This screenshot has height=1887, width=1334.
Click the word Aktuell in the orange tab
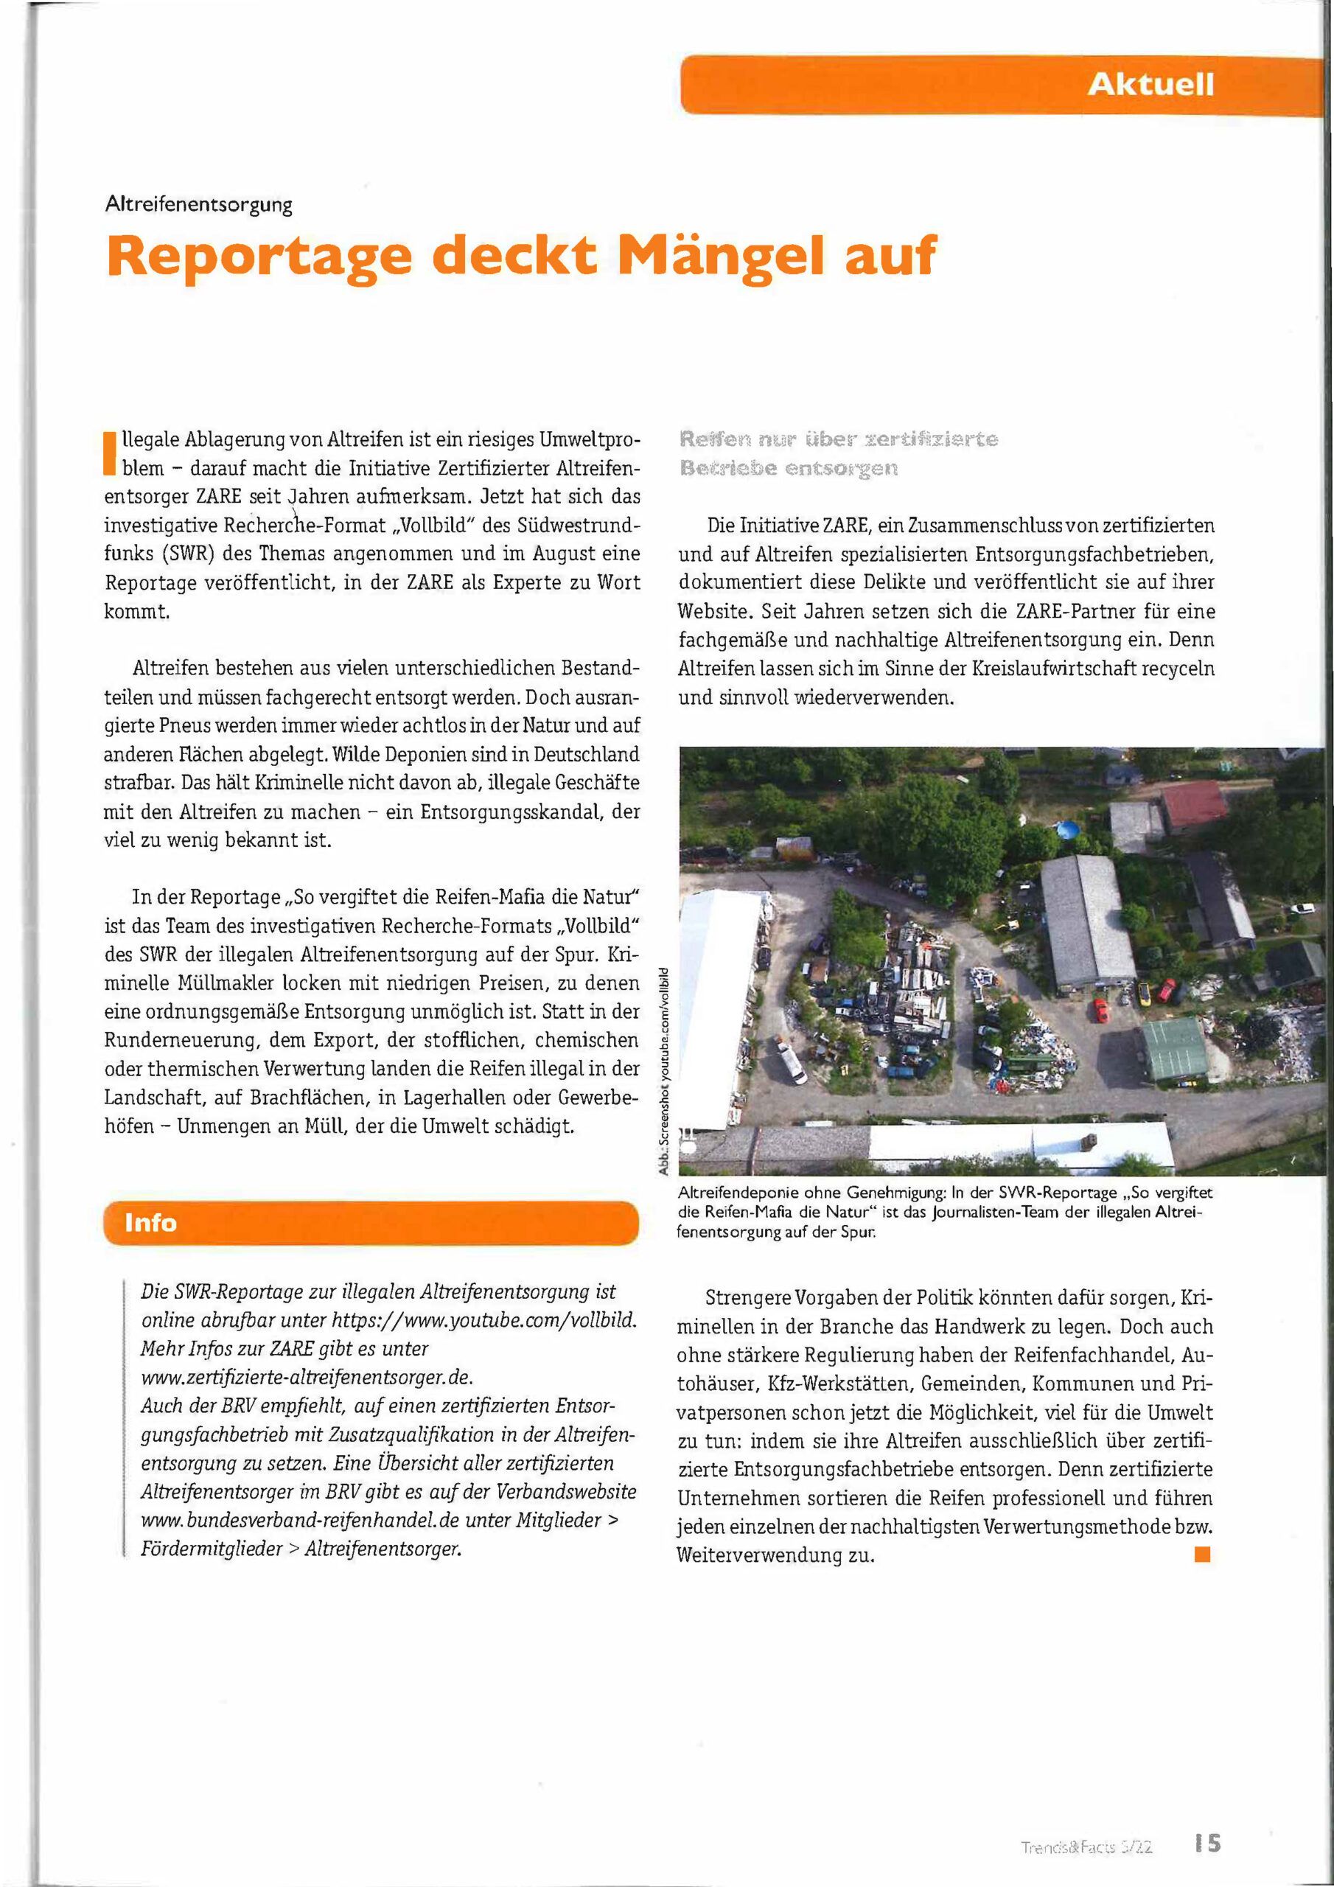1150,85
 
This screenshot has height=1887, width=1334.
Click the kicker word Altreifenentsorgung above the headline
199,205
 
